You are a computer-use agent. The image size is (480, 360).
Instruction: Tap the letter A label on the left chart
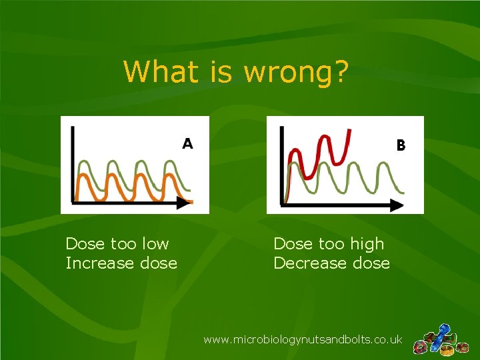coord(188,143)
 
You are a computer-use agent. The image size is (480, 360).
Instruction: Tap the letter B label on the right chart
coord(401,144)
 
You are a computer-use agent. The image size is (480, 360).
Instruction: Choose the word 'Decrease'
coord(304,263)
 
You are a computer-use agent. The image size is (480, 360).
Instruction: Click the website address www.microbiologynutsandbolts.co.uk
coord(303,339)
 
